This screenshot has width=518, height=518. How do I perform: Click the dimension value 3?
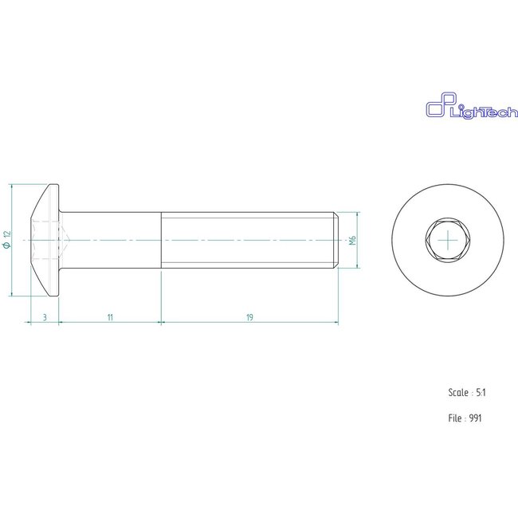45,317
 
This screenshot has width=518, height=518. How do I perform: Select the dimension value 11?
110,317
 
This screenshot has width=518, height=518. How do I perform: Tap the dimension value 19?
249,317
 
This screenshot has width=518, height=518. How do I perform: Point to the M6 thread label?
351,240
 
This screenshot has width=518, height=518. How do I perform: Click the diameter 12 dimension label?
6,239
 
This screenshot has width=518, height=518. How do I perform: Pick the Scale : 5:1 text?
467,392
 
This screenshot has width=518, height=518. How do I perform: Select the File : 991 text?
465,417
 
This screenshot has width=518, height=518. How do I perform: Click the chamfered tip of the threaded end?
335,240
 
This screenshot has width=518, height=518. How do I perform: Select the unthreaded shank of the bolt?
112,240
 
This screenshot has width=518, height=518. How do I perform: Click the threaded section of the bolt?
247,240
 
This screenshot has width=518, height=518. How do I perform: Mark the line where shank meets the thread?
162,240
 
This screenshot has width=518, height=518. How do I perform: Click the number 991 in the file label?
475,417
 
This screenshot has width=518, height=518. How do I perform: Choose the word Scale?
457,392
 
